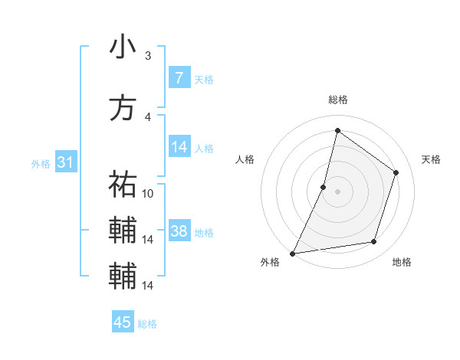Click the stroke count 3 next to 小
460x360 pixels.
pyautogui.click(x=148, y=55)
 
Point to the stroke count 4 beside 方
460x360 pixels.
pyautogui.click(x=148, y=116)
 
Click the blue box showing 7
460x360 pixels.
pyautogui.click(x=179, y=78)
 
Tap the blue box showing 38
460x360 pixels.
pyautogui.click(x=179, y=231)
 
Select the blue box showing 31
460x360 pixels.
pyautogui.click(x=65, y=162)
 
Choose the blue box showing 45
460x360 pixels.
pyautogui.click(x=123, y=322)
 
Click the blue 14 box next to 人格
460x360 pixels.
pyautogui.click(x=179, y=147)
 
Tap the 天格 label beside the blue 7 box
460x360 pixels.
pyautogui.click(x=204, y=79)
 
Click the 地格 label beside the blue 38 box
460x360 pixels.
pyautogui.click(x=204, y=232)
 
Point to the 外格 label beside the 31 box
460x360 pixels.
pyautogui.click(x=41, y=163)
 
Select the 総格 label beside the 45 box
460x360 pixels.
pyautogui.click(x=147, y=323)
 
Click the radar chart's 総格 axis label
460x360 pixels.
pyautogui.click(x=338, y=100)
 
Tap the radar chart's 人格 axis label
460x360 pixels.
pyautogui.click(x=245, y=159)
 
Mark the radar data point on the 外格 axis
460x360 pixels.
pyautogui.click(x=292, y=253)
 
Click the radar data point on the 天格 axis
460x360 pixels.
pyautogui.click(x=396, y=172)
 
